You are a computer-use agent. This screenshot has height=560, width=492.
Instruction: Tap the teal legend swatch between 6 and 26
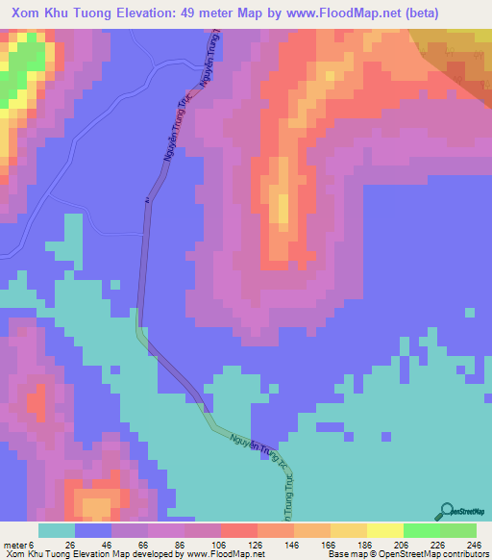[56, 531]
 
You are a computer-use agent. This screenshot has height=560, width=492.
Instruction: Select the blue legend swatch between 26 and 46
[93, 531]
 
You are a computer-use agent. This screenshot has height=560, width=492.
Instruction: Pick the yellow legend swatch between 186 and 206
[384, 531]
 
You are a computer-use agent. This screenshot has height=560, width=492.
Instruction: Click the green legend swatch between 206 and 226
[421, 531]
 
